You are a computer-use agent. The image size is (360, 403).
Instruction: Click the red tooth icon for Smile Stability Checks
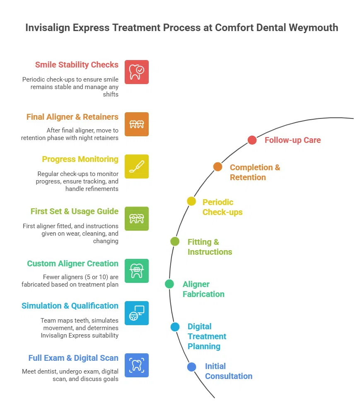(x=137, y=72)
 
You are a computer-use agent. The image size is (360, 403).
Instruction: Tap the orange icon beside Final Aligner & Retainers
(x=137, y=124)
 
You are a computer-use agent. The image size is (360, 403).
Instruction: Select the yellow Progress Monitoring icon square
(x=137, y=167)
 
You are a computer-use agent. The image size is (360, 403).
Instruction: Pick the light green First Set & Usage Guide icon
(x=137, y=219)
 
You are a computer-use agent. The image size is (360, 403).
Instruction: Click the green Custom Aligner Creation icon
(x=137, y=271)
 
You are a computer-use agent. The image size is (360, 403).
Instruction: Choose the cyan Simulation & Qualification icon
(x=137, y=313)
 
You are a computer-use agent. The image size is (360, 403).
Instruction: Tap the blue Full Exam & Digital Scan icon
(x=137, y=365)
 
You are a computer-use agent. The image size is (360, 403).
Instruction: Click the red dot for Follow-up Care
(x=252, y=140)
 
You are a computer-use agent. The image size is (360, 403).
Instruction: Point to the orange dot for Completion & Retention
(x=218, y=167)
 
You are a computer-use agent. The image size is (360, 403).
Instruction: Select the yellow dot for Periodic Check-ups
(x=191, y=201)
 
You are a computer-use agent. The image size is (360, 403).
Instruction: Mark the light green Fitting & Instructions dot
(x=175, y=241)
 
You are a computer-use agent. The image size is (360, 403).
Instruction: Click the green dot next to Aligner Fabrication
(x=169, y=284)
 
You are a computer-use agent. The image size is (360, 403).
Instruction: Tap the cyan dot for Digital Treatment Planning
(x=175, y=327)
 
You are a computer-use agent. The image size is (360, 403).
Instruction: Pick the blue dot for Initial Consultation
(x=191, y=367)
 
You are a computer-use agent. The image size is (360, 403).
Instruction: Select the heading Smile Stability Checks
(x=77, y=65)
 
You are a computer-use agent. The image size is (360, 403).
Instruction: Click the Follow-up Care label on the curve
(x=292, y=140)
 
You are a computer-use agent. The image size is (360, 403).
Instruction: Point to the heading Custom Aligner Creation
(x=72, y=263)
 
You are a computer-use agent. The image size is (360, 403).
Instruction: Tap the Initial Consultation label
(x=228, y=371)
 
